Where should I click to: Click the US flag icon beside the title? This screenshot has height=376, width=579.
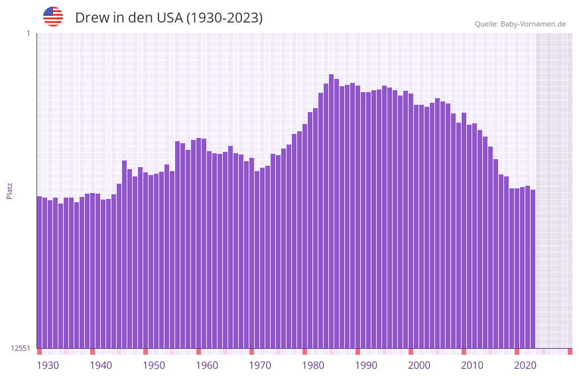click(x=53, y=17)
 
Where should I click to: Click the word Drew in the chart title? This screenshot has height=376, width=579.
click(x=92, y=18)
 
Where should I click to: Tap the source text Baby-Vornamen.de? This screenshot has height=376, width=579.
click(x=533, y=24)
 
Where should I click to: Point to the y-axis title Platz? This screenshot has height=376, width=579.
click(x=9, y=190)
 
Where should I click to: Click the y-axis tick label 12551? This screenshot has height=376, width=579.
click(x=20, y=348)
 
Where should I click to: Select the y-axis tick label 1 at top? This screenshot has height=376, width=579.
click(x=28, y=33)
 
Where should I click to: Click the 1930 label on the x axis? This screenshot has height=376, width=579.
click(x=48, y=365)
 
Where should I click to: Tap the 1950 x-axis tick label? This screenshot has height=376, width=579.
click(x=154, y=365)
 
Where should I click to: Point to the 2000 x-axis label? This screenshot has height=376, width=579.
click(x=419, y=365)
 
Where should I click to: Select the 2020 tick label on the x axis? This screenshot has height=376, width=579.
click(x=525, y=365)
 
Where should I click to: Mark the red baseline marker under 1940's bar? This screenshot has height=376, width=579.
click(x=92, y=351)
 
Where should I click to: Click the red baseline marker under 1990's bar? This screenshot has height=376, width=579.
click(x=357, y=351)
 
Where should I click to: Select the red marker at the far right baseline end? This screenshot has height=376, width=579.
click(x=570, y=351)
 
